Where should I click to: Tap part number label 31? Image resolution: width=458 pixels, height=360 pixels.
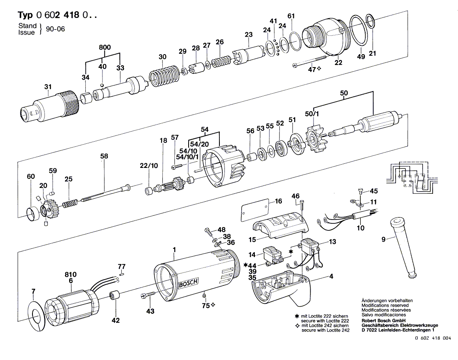[48, 87]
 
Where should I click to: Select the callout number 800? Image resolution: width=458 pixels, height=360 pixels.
[105, 47]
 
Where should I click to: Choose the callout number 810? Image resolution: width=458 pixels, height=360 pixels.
[71, 275]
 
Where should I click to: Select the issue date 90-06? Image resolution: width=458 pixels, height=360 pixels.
[55, 29]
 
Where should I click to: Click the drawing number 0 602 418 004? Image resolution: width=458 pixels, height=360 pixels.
[433, 338]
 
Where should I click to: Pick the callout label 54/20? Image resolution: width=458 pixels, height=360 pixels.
[199, 144]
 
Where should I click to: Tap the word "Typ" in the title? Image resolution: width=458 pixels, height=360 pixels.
[26, 15]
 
